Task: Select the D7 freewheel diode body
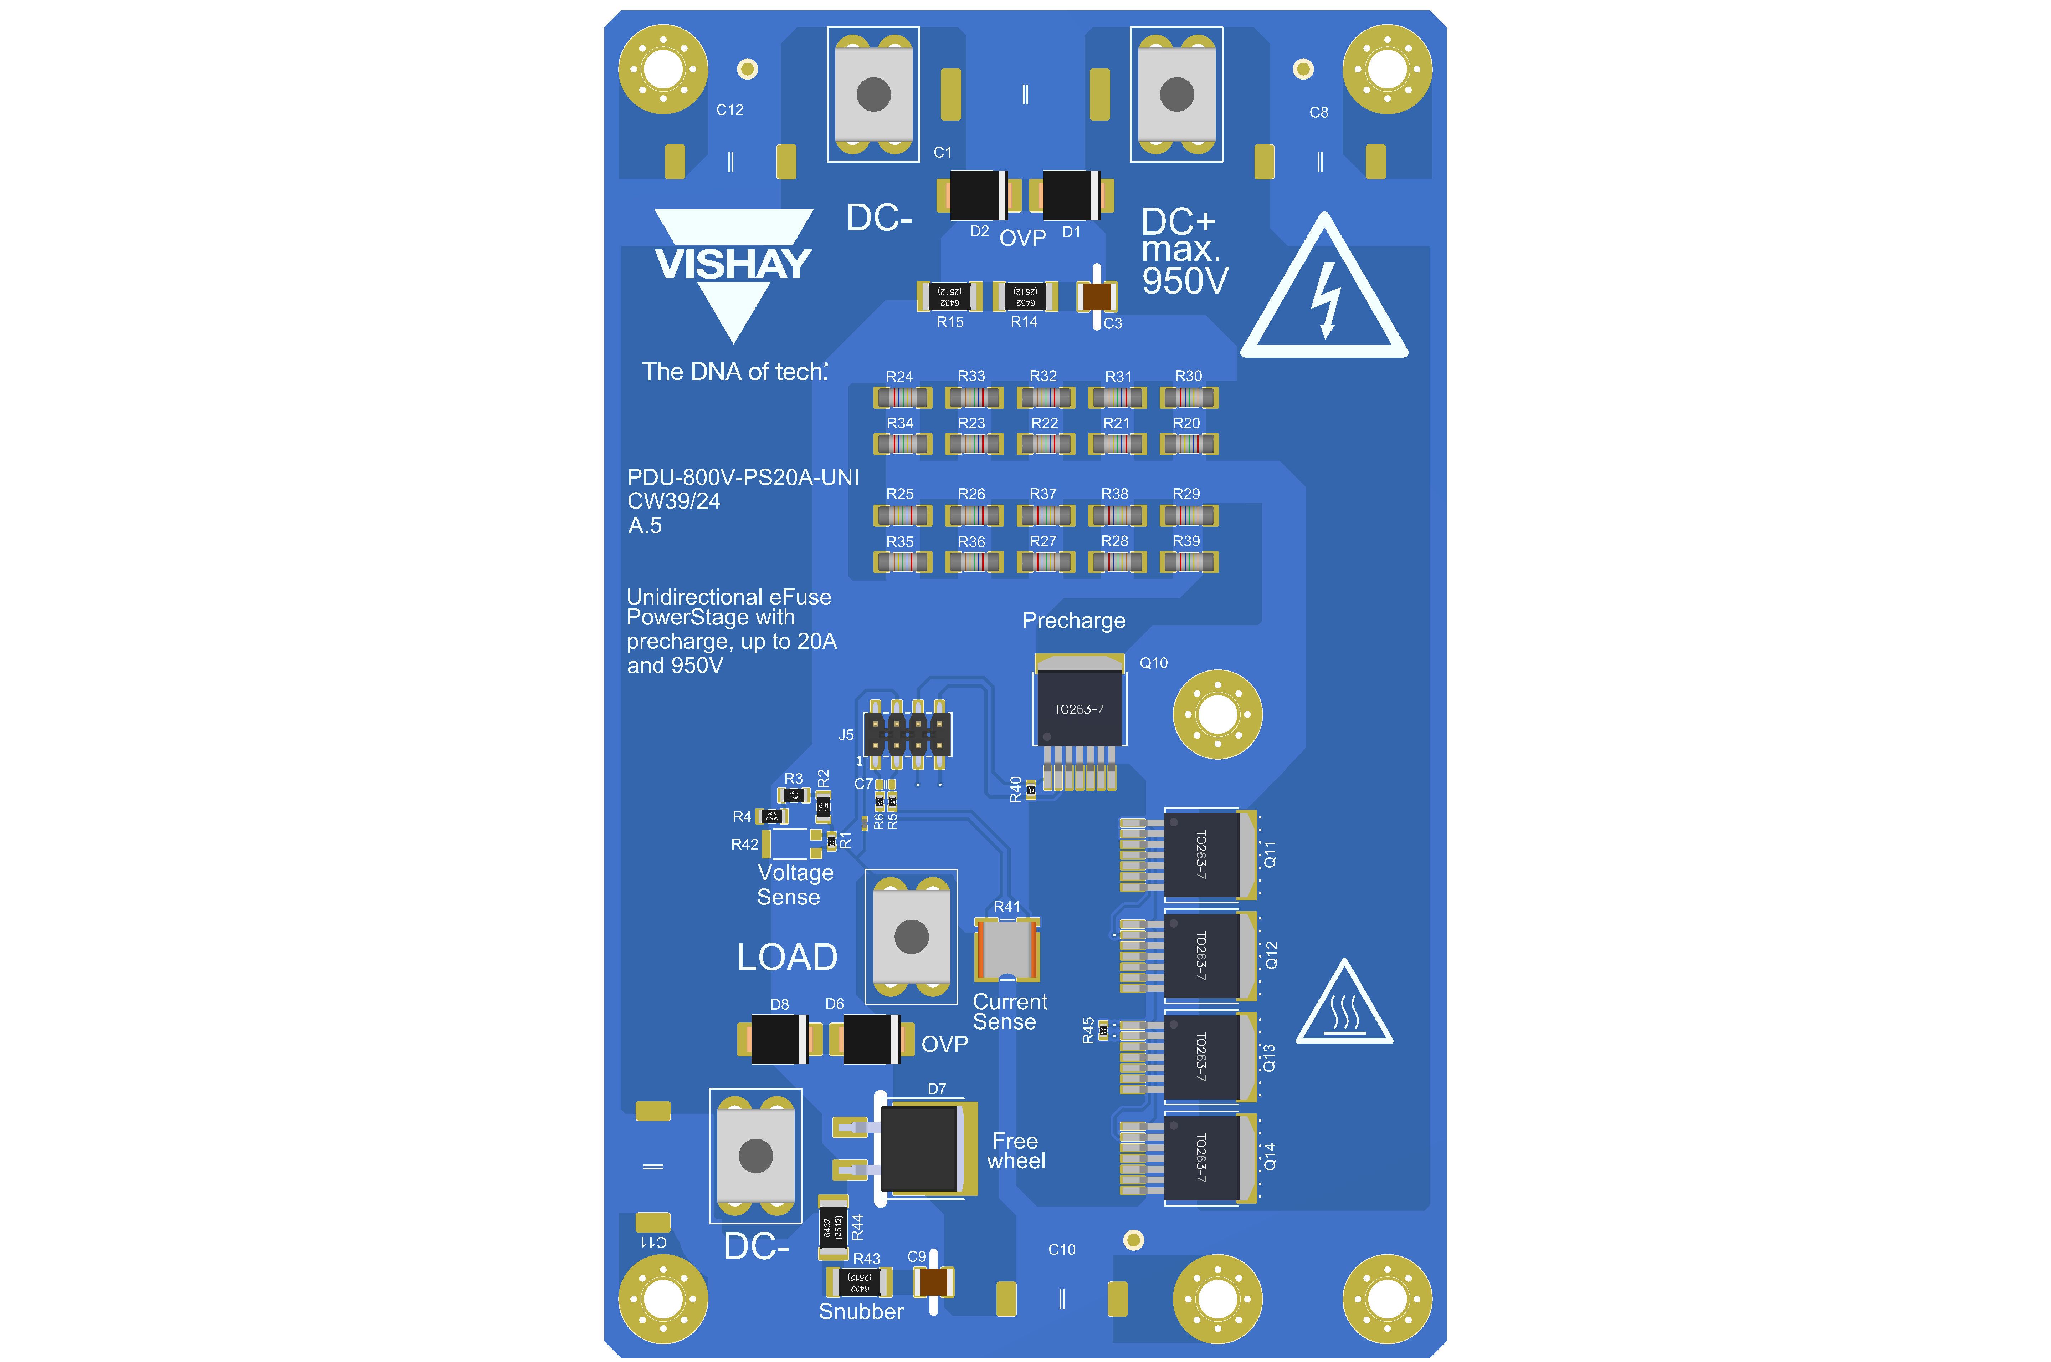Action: tap(921, 1148)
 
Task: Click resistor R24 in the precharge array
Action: tap(902, 398)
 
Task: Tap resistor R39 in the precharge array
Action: tap(1189, 562)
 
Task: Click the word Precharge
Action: tap(1073, 620)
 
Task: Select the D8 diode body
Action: tap(779, 1039)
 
